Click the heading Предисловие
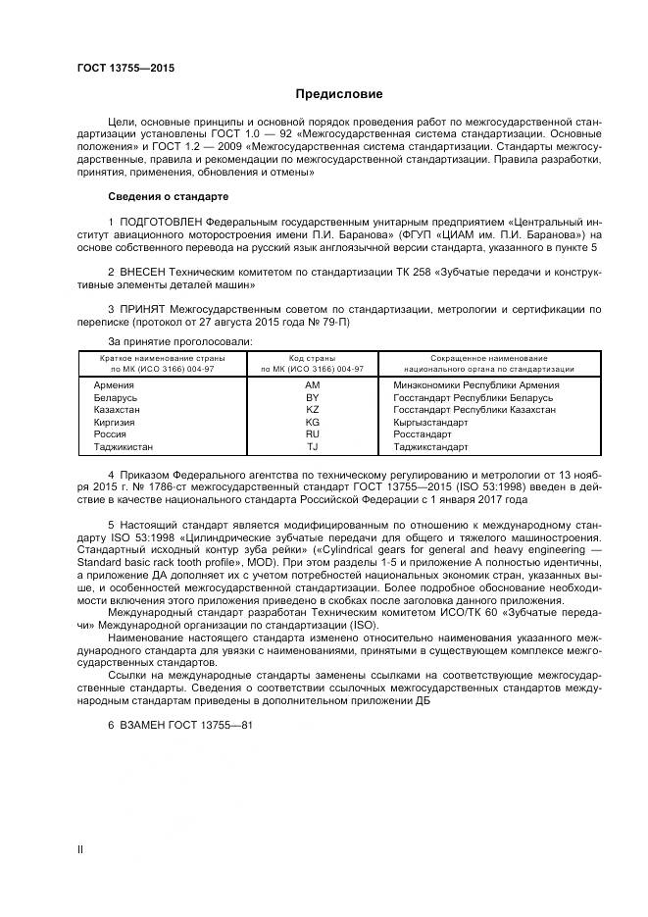(x=340, y=94)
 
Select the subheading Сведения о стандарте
(x=169, y=195)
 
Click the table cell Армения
(x=113, y=384)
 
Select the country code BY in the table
(x=313, y=397)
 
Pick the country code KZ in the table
(x=313, y=409)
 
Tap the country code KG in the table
(x=313, y=421)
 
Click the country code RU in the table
(x=313, y=433)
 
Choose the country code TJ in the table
(x=313, y=445)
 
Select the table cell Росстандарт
(x=423, y=433)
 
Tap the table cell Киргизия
(x=114, y=421)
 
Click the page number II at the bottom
(x=81, y=849)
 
